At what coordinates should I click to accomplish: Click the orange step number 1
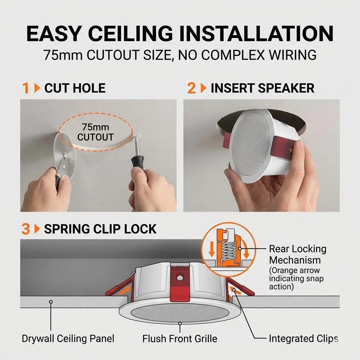(x=25, y=88)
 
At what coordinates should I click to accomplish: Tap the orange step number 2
(x=192, y=88)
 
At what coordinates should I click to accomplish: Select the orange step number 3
(x=26, y=229)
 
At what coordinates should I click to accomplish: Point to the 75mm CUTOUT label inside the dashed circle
(x=96, y=132)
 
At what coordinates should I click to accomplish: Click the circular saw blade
(x=65, y=155)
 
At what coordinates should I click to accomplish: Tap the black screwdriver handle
(x=137, y=162)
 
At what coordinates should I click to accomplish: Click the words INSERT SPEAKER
(x=262, y=88)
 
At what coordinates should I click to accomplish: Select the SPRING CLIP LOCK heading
(x=100, y=229)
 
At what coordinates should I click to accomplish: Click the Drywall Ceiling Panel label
(x=68, y=339)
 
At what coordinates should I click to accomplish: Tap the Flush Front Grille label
(x=180, y=339)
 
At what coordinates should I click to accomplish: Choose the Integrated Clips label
(x=303, y=339)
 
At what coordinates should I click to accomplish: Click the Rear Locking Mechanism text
(x=297, y=255)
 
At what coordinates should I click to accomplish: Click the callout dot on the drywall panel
(x=51, y=302)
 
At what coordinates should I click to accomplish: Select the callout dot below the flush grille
(x=180, y=323)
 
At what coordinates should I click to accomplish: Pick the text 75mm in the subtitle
(x=63, y=55)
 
